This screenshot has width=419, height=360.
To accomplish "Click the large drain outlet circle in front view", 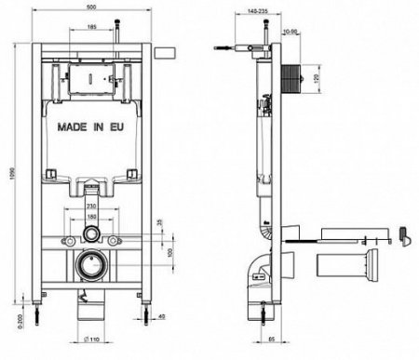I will [x=91, y=266].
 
